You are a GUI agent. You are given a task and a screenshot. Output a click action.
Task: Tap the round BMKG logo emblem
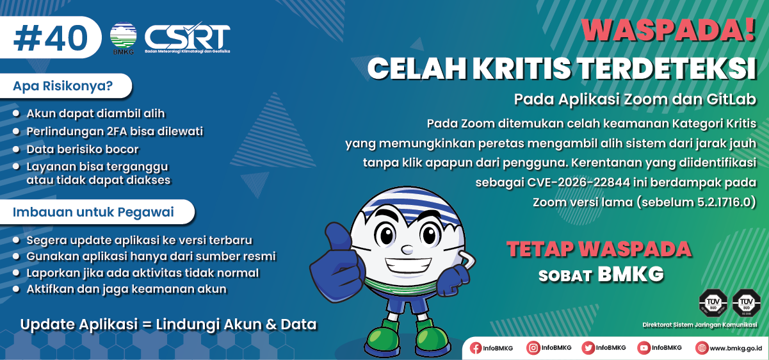(123, 37)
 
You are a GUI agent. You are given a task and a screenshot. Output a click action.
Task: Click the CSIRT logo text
(187, 37)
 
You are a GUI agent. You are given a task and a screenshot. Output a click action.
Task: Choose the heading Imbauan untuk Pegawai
(93, 212)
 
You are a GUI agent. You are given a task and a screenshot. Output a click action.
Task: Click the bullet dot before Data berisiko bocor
(17, 150)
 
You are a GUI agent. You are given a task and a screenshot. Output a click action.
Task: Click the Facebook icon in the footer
(476, 348)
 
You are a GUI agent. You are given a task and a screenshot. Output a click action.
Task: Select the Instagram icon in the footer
(533, 348)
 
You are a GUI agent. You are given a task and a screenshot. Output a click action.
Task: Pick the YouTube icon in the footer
(644, 348)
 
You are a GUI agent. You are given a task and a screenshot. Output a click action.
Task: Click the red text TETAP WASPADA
(599, 249)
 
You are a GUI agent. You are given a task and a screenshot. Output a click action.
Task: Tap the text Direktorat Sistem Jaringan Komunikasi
(700, 325)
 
